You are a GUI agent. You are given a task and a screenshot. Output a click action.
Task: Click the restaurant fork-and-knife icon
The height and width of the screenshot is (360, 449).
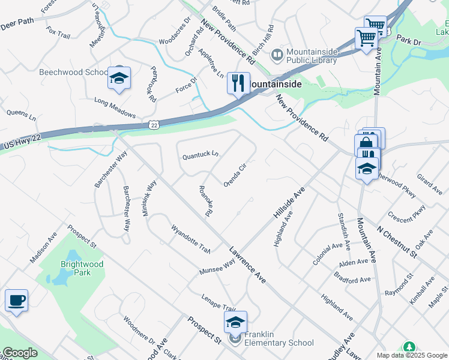tap(238, 83)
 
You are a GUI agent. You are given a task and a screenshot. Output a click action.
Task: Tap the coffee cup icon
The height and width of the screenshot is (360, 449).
tap(16, 299)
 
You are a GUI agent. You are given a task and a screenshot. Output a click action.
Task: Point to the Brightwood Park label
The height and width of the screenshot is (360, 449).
tap(82, 268)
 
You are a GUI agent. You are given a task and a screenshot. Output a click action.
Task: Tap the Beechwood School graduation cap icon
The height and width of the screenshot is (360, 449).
tap(119, 78)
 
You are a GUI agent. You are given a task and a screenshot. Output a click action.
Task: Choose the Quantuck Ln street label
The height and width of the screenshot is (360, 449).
tap(200, 155)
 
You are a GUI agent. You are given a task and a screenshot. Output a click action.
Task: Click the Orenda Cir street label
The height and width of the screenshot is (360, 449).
tap(235, 174)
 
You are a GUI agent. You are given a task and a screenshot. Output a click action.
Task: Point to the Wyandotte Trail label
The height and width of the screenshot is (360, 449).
tap(190, 238)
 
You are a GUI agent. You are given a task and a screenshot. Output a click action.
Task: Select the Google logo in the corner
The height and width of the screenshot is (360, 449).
tap(20, 353)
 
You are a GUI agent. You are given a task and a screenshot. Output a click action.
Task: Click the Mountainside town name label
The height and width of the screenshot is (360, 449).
tap(276, 84)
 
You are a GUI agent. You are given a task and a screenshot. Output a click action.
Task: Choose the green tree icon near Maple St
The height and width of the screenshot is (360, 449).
tap(409, 347)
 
